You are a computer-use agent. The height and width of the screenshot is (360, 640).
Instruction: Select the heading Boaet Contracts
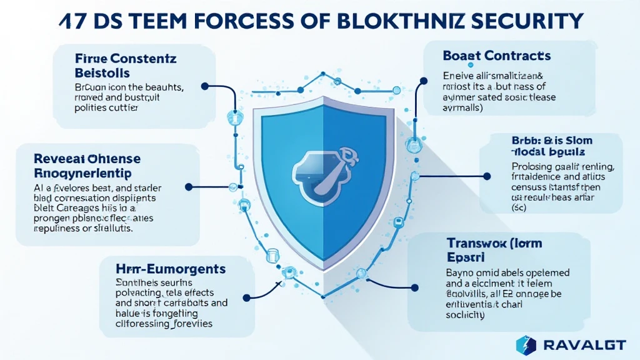[496, 56]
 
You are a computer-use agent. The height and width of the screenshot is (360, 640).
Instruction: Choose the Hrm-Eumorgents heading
[171, 269]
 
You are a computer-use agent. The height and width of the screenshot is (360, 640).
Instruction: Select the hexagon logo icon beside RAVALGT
[526, 344]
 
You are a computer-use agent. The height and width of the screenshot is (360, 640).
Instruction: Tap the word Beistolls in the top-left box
[109, 74]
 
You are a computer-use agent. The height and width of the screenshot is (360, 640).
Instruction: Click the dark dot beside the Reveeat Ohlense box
[187, 186]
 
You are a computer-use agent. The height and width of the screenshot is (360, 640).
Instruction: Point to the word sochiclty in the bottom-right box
[466, 315]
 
